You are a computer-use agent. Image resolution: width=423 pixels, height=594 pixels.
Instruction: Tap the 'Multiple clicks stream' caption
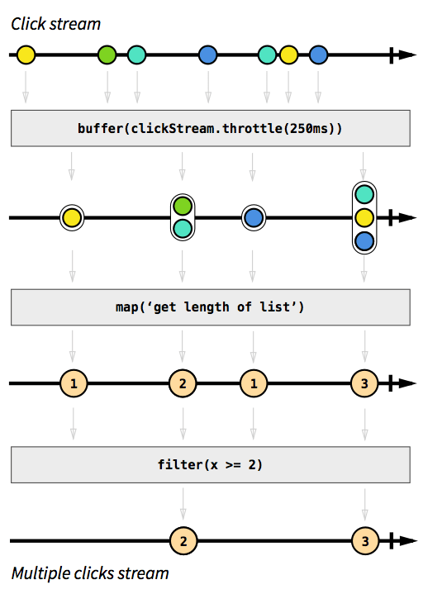tap(90, 573)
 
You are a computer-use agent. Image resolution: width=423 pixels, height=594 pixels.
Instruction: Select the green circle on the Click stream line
tap(107, 55)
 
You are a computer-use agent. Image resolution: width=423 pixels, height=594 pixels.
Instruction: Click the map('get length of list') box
tap(211, 307)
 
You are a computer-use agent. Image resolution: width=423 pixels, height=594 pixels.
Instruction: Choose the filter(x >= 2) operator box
tap(211, 464)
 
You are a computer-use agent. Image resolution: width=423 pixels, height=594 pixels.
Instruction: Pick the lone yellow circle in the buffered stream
tap(72, 218)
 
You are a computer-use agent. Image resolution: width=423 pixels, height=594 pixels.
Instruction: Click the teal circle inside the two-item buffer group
tap(183, 229)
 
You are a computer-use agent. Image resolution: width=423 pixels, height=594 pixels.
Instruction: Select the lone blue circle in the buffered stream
tap(254, 218)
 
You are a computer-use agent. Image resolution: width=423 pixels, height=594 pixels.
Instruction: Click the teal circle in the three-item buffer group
tap(364, 195)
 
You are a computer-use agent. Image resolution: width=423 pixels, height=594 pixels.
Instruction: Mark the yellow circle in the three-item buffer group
tap(364, 218)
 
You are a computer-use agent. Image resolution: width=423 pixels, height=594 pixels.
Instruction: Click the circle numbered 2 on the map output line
tap(183, 384)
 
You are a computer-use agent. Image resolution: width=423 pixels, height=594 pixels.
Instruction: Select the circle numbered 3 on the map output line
tap(364, 384)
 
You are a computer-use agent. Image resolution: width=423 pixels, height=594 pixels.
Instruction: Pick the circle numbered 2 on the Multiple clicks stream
tap(183, 542)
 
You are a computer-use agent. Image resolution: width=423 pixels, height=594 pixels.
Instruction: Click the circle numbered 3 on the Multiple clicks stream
tap(364, 542)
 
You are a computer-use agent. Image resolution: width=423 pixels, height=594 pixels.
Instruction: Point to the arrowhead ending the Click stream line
tap(406, 55)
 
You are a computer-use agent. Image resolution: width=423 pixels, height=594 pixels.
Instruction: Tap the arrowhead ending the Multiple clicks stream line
tap(406, 542)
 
